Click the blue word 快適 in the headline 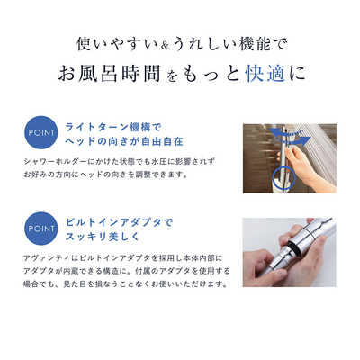click(x=265, y=73)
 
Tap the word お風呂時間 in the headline click(x=109, y=73)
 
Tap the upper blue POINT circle click(x=40, y=132)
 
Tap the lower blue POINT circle click(x=40, y=229)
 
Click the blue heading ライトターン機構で click(x=113, y=127)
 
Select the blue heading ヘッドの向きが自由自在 click(x=124, y=141)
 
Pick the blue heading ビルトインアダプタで click(x=119, y=222)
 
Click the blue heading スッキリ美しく click(x=103, y=237)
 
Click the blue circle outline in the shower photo click(x=285, y=180)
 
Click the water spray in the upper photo click(x=318, y=150)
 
